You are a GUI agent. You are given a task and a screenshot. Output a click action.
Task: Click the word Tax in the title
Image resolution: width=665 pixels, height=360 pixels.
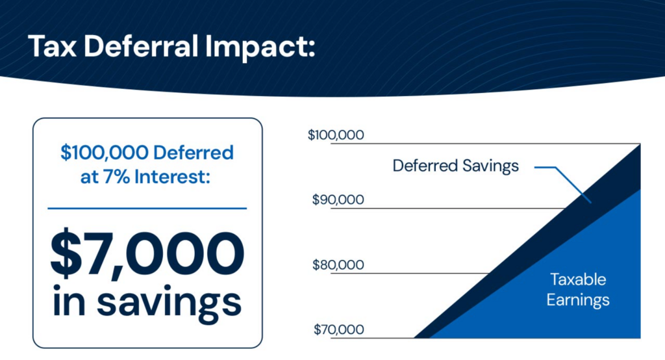click(52, 46)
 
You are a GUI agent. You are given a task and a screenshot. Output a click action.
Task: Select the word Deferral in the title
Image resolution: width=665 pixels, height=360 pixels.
click(141, 46)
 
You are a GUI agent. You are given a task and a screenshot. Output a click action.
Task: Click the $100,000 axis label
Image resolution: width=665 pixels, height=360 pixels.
click(336, 135)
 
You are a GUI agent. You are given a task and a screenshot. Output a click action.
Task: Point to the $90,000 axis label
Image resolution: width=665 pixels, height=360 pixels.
click(338, 199)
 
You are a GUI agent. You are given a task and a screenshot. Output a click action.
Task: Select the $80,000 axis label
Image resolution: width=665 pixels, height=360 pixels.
click(338, 265)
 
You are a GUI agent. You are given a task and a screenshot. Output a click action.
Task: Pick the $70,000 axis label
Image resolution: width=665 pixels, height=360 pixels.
click(338, 329)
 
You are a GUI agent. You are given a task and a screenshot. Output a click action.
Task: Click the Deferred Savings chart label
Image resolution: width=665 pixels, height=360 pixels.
click(455, 166)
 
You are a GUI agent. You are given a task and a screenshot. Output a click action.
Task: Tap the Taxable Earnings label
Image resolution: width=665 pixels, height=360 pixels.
click(578, 290)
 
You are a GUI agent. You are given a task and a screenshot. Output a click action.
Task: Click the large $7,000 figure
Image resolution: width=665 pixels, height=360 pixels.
click(147, 253)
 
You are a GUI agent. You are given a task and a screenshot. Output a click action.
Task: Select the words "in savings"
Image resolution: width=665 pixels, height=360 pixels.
click(147, 302)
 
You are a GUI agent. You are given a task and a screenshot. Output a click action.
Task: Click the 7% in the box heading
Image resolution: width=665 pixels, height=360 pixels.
click(116, 177)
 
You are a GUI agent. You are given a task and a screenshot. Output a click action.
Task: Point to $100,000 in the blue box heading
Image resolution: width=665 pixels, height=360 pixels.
click(105, 153)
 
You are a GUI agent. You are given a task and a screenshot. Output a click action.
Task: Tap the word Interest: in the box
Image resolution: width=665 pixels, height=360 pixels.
click(172, 177)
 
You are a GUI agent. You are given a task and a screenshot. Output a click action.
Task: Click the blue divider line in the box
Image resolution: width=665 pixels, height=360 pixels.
click(147, 209)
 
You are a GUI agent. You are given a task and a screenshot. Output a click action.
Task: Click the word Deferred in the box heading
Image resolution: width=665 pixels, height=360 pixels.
click(194, 153)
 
